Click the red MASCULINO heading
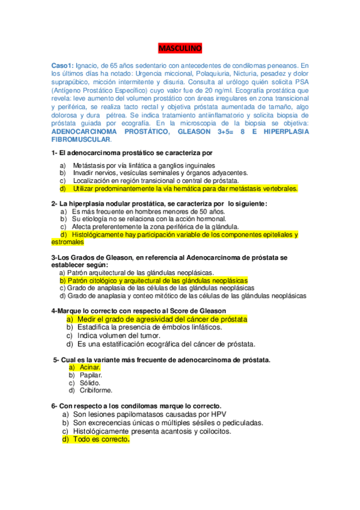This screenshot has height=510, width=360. pyautogui.click(x=180, y=48)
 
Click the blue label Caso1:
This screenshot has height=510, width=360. pyautogui.click(x=64, y=66)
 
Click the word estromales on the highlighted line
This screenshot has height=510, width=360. pyautogui.click(x=68, y=243)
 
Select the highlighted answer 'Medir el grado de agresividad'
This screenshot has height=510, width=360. pyautogui.click(x=163, y=319)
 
